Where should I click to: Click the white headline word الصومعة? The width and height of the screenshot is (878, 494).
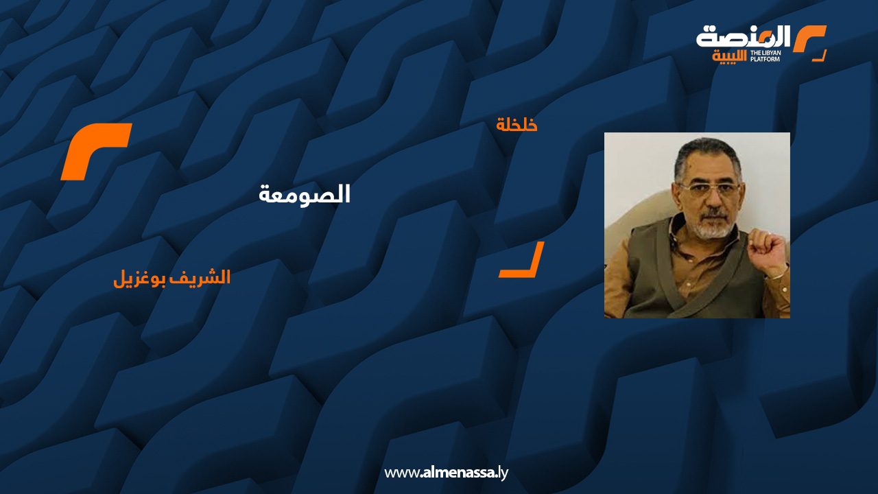click(x=304, y=194)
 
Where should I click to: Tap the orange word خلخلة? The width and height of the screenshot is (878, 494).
click(x=517, y=125)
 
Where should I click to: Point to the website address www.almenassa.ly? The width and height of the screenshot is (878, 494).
click(x=446, y=473)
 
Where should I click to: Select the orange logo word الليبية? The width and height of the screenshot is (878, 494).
click(x=729, y=56)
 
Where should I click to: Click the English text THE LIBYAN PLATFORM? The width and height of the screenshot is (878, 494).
click(x=765, y=56)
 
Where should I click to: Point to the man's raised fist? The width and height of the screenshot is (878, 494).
click(x=766, y=249)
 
